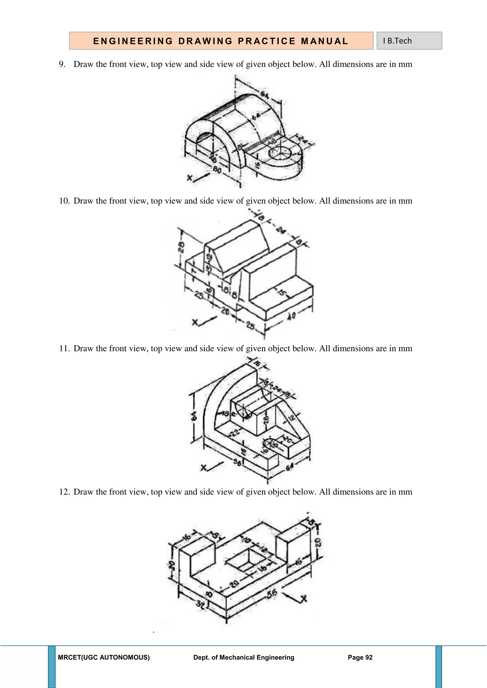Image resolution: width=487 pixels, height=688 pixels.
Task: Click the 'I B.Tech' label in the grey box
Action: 397,41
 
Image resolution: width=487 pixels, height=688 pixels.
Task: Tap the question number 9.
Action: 62,64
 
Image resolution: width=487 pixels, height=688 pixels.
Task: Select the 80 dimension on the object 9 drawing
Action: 217,170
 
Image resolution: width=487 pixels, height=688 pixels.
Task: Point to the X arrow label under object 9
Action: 190,178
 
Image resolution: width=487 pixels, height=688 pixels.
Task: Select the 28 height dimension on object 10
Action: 181,248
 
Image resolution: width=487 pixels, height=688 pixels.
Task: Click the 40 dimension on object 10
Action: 291,316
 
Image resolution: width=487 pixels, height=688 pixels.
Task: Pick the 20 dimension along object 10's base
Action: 225,312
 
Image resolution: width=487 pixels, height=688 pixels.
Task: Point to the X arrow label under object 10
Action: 195,322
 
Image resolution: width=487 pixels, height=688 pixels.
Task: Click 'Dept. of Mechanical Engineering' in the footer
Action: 243,657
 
